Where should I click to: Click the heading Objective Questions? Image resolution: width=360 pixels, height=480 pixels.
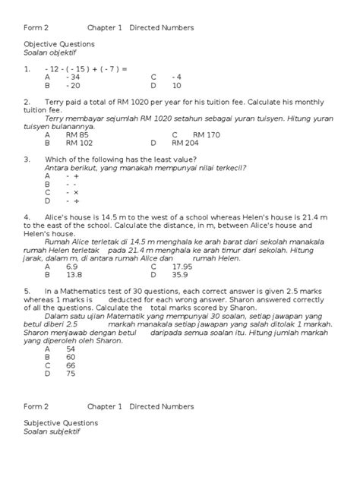coord(59,44)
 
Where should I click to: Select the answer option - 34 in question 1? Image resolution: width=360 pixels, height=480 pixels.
coord(73,77)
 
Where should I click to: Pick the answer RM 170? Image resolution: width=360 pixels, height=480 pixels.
coord(185,134)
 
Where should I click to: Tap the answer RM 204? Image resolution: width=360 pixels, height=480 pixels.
coord(185,142)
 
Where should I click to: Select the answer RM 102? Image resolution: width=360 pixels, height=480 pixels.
coord(79,142)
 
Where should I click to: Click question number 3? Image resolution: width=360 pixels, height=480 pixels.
coord(27,159)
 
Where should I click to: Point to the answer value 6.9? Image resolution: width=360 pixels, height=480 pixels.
coord(72,267)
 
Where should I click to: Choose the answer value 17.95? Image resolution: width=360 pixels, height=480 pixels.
coord(182,267)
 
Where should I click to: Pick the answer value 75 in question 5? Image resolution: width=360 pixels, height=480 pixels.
coord(71,373)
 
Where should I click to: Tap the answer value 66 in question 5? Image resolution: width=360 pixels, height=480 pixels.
coord(71,365)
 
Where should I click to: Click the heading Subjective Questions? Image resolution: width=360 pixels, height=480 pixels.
coord(60,423)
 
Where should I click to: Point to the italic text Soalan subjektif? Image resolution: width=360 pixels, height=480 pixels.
coord(52,431)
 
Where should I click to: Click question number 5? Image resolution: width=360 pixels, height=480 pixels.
coord(27,291)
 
